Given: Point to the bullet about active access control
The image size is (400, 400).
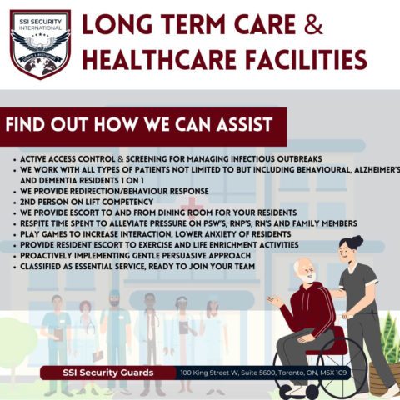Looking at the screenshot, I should [x=167, y=158].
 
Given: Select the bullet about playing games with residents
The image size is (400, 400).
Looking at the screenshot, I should [x=158, y=234].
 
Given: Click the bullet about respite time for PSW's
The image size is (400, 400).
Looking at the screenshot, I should [x=183, y=223].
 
